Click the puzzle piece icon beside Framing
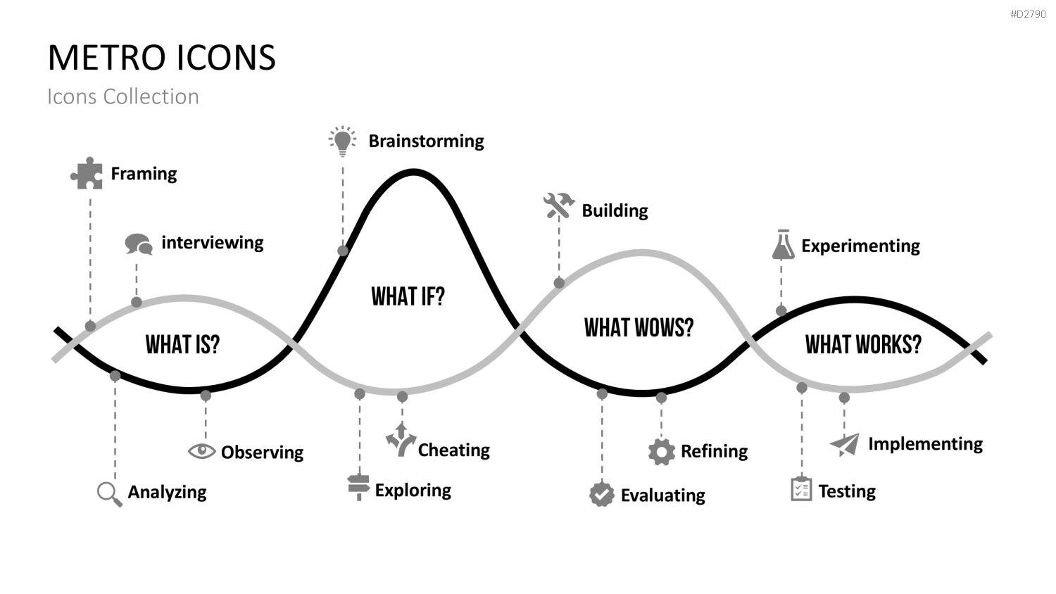(x=87, y=174)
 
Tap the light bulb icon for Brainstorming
(x=343, y=141)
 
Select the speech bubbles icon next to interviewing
(x=139, y=244)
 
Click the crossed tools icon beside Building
(x=559, y=206)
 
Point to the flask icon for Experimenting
(x=783, y=245)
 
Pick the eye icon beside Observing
(x=202, y=451)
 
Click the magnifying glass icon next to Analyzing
(x=109, y=494)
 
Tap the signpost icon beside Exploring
(x=359, y=488)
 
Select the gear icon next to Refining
(x=662, y=452)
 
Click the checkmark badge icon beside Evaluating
(x=601, y=495)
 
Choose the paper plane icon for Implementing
(x=845, y=445)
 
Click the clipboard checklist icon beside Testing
(x=801, y=489)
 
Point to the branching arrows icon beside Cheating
(x=401, y=440)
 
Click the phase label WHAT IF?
(x=408, y=296)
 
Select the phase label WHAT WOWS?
(x=639, y=328)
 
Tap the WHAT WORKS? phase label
(x=863, y=344)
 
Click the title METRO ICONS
(x=162, y=58)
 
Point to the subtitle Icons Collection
(x=123, y=96)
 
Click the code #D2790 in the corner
(x=1028, y=14)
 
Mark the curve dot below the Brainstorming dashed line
(x=343, y=251)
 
